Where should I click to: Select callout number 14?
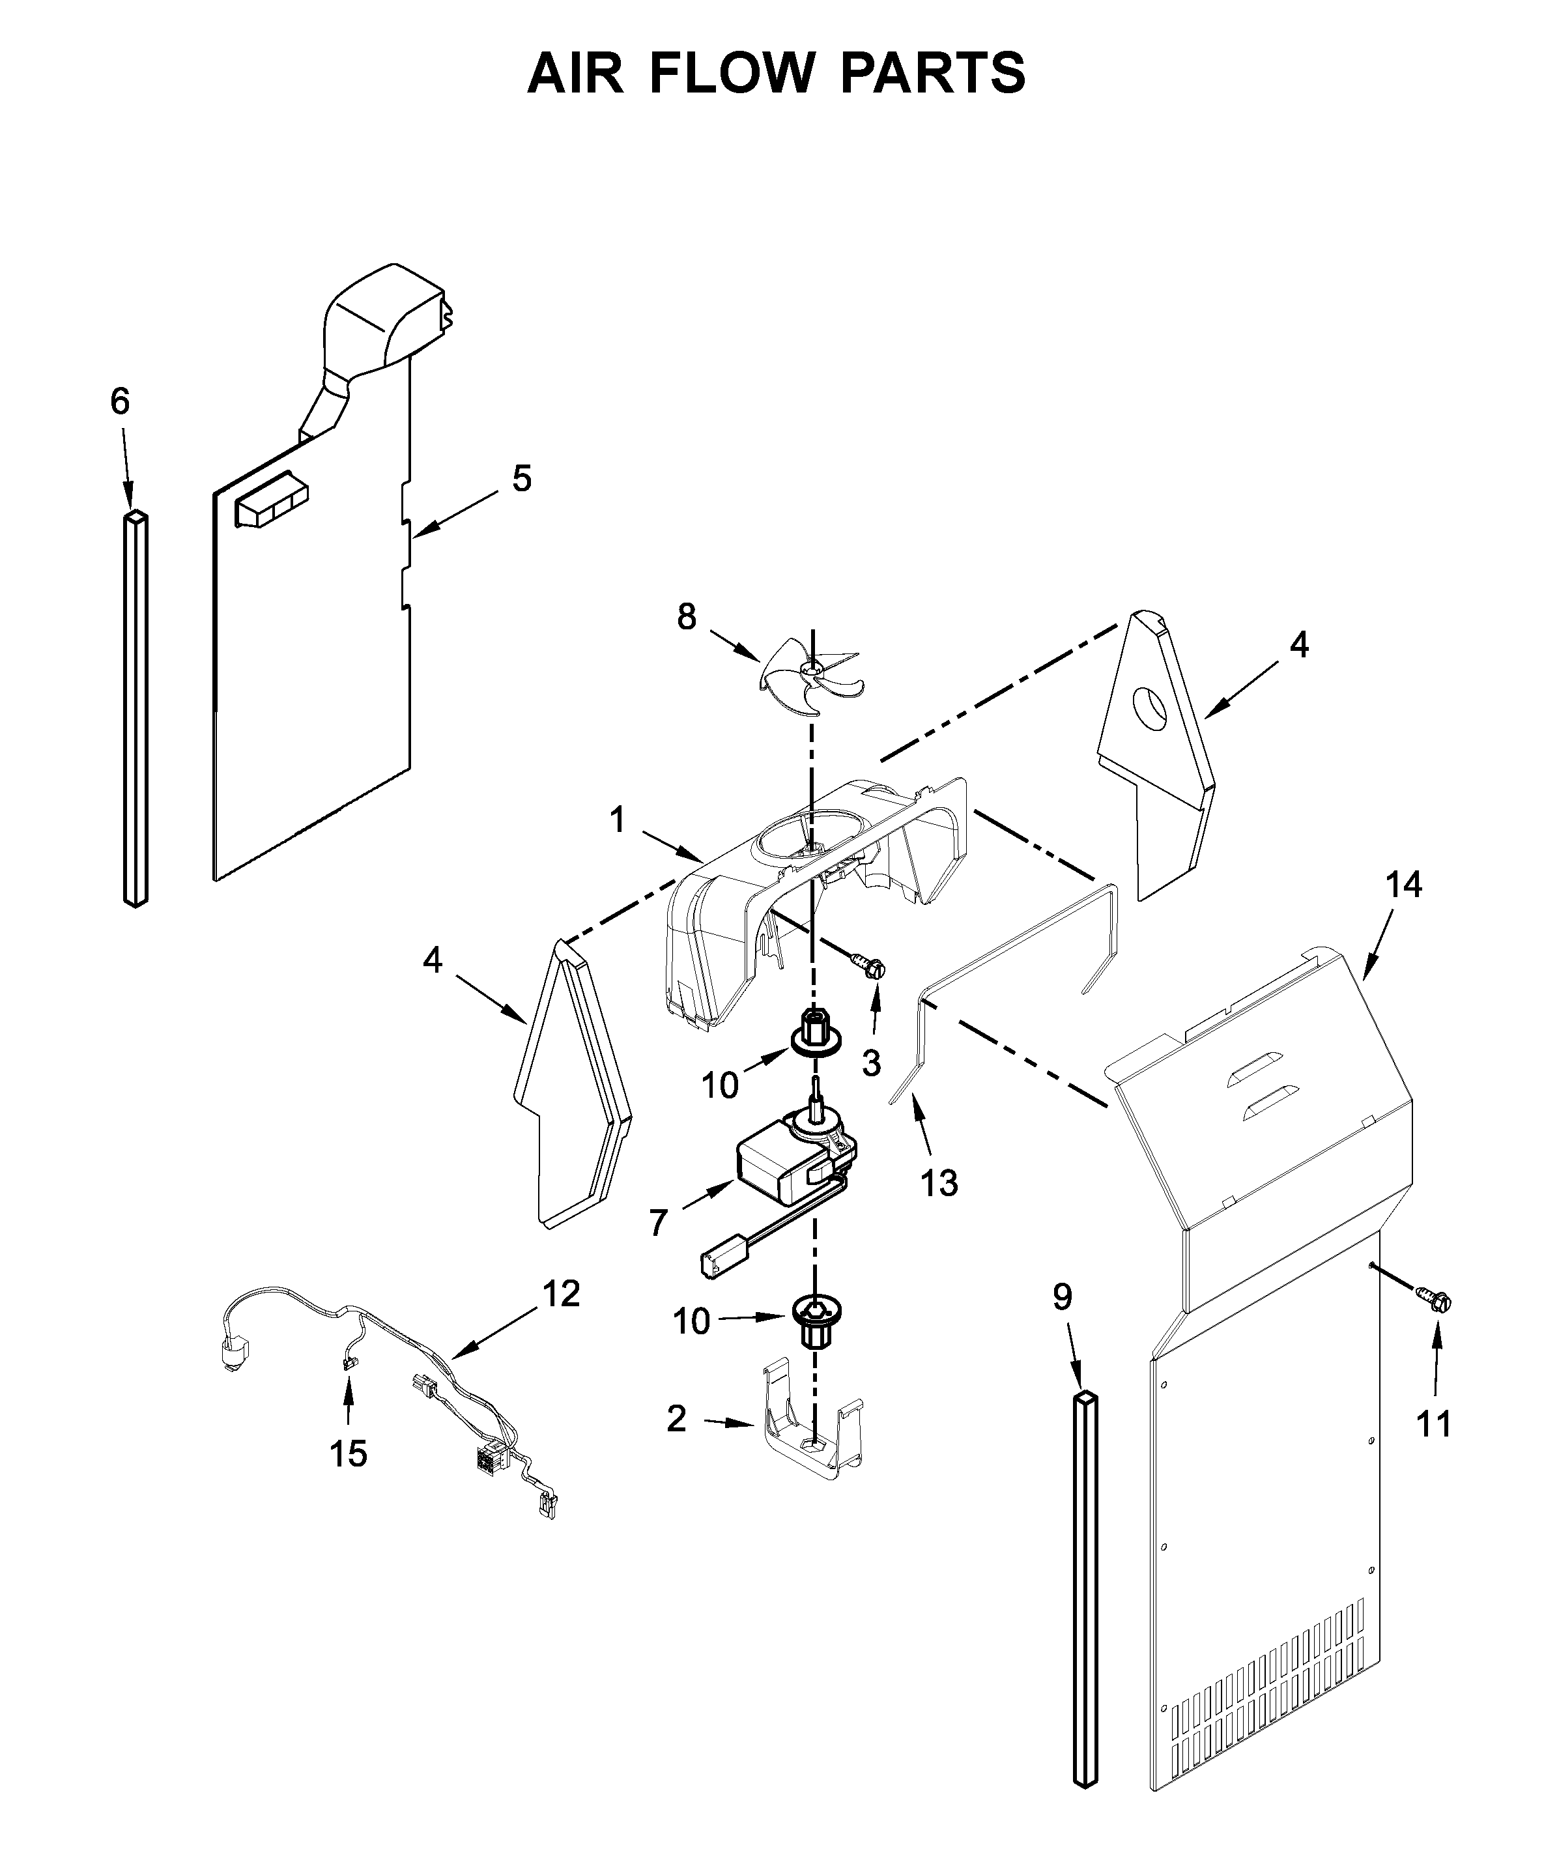[1404, 884]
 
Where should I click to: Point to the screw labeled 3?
[869, 965]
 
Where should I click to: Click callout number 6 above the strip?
[120, 401]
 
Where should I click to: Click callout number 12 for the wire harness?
[561, 1294]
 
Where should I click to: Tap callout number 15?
[348, 1453]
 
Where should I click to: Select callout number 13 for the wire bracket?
[939, 1182]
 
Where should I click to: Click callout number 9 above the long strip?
[1062, 1296]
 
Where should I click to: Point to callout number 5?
[522, 479]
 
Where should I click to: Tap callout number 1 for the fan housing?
[618, 820]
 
